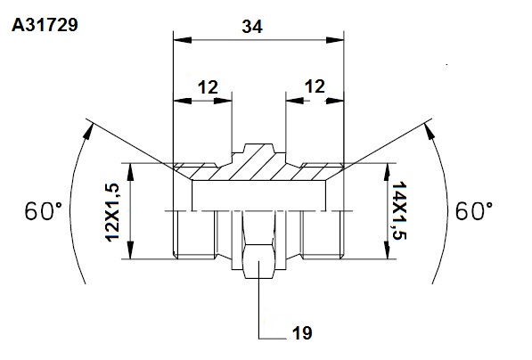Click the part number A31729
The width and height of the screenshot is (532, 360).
click(45, 25)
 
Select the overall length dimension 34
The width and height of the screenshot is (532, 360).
click(252, 27)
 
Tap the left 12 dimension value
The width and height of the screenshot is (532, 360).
click(208, 87)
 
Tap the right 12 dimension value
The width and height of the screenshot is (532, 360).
click(315, 86)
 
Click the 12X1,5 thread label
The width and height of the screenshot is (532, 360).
click(112, 212)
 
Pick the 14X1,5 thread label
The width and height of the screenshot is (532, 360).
click(399, 210)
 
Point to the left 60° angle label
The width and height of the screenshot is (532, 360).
click(44, 210)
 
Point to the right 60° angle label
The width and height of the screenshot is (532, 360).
click(474, 210)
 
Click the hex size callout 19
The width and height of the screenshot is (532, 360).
click(302, 333)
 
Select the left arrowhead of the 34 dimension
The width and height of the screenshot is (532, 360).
click(182, 40)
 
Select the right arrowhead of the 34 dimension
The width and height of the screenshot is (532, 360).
click(335, 40)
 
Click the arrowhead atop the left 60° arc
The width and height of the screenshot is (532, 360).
click(88, 131)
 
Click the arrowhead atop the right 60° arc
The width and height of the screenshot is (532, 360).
click(430, 131)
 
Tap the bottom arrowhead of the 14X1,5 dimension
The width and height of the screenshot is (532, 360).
click(387, 250)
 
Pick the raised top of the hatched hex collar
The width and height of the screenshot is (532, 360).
click(259, 148)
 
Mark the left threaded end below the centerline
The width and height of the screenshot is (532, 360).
click(194, 234)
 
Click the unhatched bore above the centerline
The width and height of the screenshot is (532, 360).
click(259, 196)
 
